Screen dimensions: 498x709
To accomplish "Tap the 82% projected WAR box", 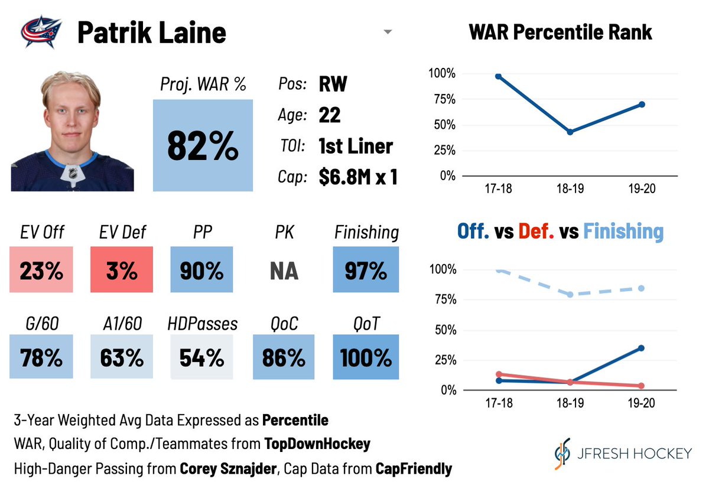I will coord(203,145).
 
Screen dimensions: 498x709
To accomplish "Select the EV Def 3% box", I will coord(122,270).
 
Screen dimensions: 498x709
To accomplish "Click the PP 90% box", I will coord(201,270).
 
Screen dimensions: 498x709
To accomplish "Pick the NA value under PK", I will coord(284,271).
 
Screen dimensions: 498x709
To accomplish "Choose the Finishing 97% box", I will coord(366,270).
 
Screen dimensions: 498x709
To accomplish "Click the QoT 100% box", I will coord(366,357).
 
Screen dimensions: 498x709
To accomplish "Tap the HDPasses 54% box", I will coord(201,357).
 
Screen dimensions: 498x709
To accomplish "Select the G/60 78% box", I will coord(41,357).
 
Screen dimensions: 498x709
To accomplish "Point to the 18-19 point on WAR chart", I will coord(570,132).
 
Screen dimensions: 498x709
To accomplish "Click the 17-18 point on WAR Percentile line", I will coord(499,76).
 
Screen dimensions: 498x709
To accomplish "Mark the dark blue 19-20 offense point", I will coord(641,348).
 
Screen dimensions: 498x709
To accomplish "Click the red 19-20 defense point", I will coord(641,386).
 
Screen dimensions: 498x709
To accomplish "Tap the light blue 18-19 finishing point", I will coord(570,294).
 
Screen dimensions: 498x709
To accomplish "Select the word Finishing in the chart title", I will coord(623,231).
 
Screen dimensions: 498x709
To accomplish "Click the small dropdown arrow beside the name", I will coord(388,32).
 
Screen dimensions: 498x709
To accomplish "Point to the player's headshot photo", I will coord(72,131).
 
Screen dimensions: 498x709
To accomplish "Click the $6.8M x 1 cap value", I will coord(357,177).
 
